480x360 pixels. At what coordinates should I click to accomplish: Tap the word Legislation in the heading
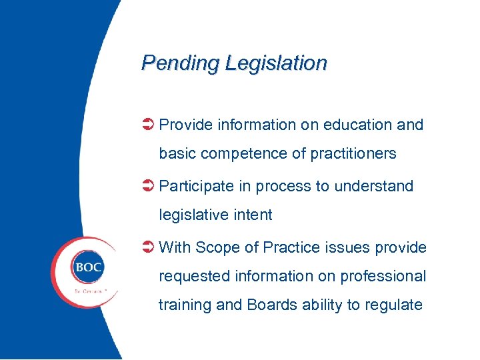tap(276, 63)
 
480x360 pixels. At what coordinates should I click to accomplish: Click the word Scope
tap(218, 247)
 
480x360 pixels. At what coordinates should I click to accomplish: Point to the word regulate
tap(393, 305)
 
